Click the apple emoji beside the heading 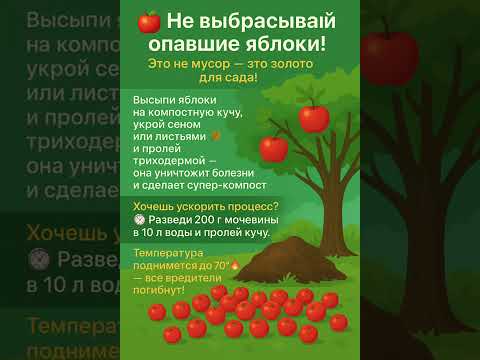point(148,22)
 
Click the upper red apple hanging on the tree point(314,119)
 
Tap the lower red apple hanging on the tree point(273,150)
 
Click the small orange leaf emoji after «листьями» point(215,135)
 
